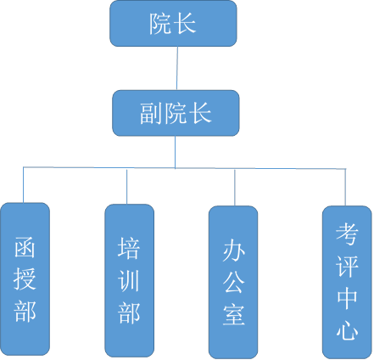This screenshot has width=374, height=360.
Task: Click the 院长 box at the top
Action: (x=173, y=24)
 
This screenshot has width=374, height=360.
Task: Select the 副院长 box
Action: (x=176, y=113)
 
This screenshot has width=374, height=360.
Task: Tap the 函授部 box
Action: (x=25, y=278)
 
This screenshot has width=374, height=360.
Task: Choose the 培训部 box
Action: (x=130, y=280)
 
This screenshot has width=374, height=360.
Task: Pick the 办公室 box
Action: (x=233, y=282)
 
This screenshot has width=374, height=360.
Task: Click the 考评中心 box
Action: (x=347, y=282)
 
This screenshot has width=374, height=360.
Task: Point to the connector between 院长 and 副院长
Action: (x=177, y=68)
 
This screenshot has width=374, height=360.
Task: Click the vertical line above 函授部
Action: (x=23, y=185)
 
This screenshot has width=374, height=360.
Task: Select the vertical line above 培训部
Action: (x=126, y=187)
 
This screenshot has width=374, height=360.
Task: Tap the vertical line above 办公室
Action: (x=235, y=188)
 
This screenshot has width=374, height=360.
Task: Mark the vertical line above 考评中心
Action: (x=345, y=188)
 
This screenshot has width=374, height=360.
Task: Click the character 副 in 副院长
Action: (x=152, y=113)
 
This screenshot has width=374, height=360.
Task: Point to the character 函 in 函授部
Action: (x=25, y=247)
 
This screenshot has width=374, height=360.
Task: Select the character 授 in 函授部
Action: (x=25, y=278)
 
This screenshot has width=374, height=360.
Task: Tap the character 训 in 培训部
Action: (x=129, y=280)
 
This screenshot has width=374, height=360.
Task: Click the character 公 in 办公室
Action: (x=233, y=283)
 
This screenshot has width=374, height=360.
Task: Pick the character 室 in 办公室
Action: (x=233, y=315)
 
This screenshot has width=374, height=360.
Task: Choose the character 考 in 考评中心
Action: (x=347, y=233)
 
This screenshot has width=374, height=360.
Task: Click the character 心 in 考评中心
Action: (x=347, y=329)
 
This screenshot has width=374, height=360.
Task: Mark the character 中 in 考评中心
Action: (x=347, y=298)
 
